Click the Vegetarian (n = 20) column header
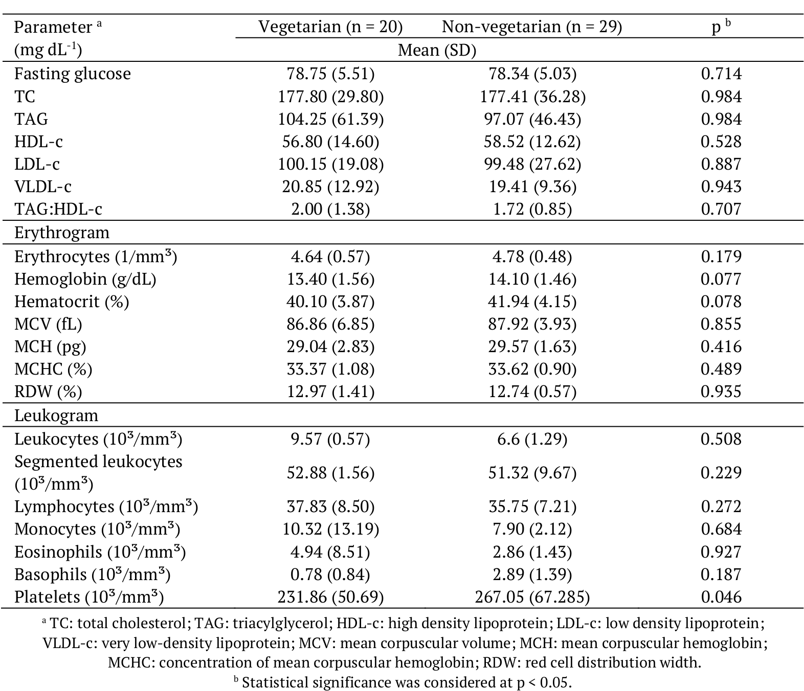point(330,27)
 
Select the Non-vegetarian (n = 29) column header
point(532,27)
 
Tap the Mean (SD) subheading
point(437,50)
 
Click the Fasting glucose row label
point(73,74)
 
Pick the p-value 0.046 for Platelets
point(721,597)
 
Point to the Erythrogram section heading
point(62,233)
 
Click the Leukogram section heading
point(56,415)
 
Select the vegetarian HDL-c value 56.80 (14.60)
point(330,142)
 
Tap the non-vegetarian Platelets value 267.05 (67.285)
point(532,597)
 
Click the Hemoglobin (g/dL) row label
point(85,279)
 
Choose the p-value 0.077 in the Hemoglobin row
point(721,279)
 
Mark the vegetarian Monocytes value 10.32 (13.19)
point(330,529)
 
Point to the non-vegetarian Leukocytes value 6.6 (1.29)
point(532,439)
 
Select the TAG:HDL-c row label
point(58,209)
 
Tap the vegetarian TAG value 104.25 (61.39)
point(330,119)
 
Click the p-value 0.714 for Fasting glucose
point(721,74)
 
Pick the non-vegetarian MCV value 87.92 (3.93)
point(532,324)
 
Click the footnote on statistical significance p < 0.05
point(402,682)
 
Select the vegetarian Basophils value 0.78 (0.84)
point(330,574)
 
